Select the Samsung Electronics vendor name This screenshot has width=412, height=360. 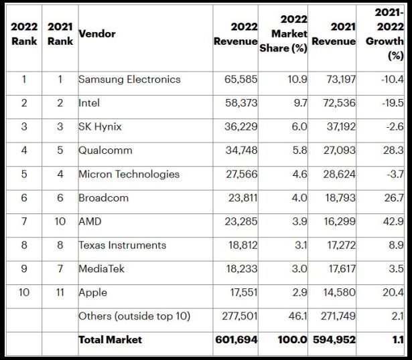coord(129,79)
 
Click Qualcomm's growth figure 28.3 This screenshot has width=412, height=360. coord(394,151)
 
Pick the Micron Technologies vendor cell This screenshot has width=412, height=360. coord(129,174)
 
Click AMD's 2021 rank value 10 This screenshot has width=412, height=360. coord(60,221)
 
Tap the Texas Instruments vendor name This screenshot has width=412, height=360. coord(122,245)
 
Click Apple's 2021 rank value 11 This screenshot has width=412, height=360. coord(60,292)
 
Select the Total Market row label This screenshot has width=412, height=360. coord(110,340)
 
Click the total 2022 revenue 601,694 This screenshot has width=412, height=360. coord(236,340)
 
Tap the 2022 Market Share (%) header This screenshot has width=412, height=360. coord(283,33)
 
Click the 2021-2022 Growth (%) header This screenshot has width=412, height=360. coord(385,33)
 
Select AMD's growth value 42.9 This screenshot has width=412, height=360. coord(394,221)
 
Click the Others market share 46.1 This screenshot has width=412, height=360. coord(297,316)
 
